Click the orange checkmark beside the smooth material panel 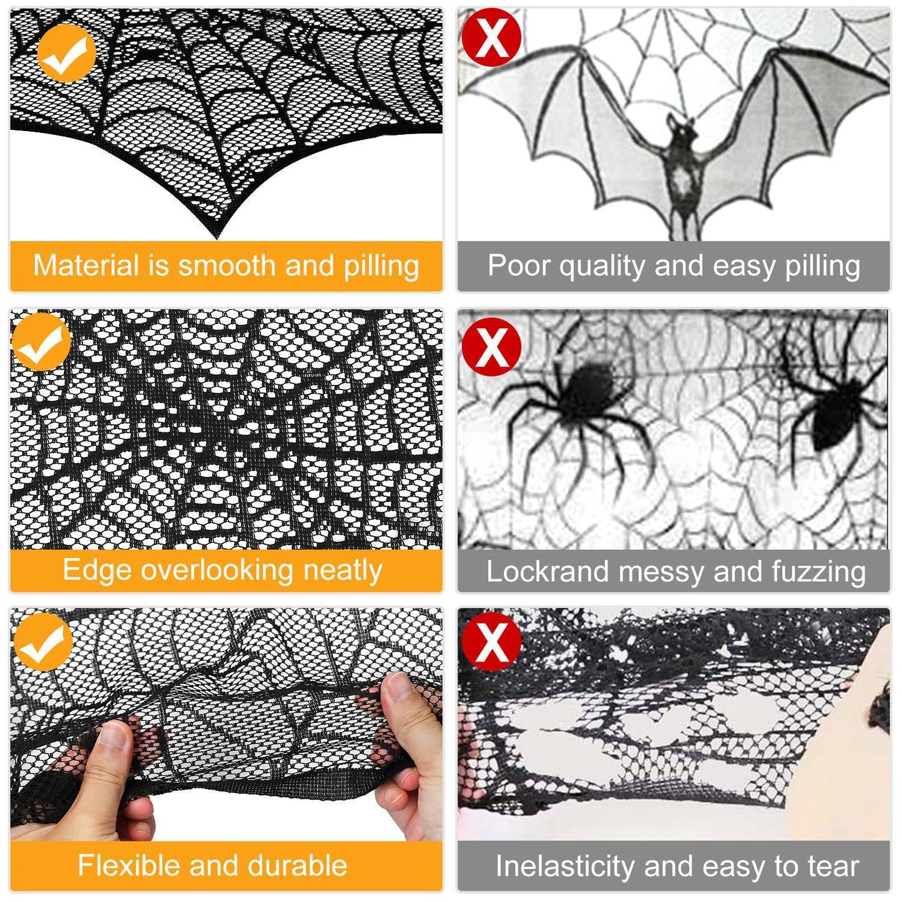(66, 53)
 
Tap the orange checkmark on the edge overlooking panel (41, 342)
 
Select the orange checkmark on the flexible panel (43, 641)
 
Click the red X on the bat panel (491, 37)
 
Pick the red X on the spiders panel (491, 346)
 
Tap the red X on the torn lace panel (491, 641)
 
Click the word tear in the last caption (833, 866)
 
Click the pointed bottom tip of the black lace (217, 237)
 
